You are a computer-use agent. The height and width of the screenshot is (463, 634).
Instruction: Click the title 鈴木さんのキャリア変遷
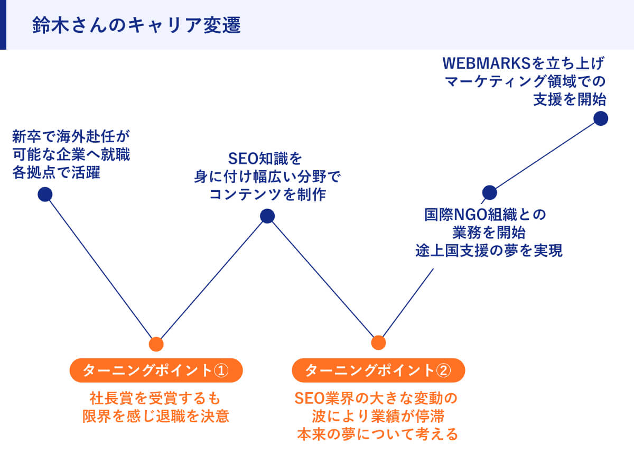[136, 25]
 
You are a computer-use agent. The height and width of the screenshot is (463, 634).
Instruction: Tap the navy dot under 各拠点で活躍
[45, 194]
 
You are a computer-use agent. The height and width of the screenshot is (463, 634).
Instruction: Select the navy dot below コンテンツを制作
[267, 216]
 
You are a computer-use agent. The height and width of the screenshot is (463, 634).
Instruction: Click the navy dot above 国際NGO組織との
[490, 192]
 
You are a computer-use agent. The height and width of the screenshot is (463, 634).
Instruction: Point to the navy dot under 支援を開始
[600, 118]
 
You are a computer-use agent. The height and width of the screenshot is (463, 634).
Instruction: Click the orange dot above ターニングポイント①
[156, 344]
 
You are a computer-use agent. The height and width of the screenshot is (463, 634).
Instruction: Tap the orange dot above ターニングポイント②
[378, 342]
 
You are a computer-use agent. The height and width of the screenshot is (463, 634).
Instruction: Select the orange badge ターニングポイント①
[156, 370]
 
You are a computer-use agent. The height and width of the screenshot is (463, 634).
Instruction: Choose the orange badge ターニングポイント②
[378, 370]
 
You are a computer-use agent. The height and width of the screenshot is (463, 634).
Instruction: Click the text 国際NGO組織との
[485, 215]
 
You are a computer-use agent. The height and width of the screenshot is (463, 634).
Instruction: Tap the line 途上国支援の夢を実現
[489, 251]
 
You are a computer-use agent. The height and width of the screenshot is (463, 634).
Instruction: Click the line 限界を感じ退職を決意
[155, 416]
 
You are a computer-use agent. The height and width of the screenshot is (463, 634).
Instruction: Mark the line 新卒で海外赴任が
[70, 137]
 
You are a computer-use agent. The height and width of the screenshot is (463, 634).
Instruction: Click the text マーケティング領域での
[525, 82]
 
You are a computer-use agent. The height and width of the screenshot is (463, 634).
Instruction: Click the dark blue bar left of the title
[3, 25]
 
